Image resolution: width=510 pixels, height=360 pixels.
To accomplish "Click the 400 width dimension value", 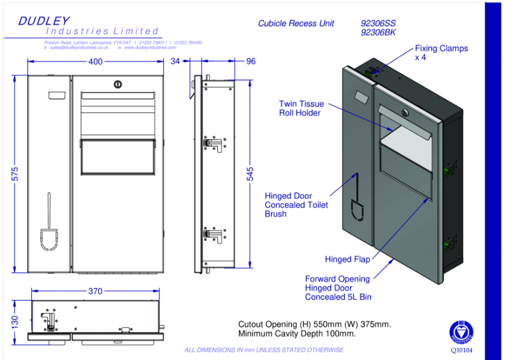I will (x=94, y=62).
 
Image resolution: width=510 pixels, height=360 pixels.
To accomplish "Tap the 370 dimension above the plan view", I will (x=94, y=291).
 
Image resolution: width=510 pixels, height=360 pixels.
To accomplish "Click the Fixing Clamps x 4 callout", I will (x=441, y=53).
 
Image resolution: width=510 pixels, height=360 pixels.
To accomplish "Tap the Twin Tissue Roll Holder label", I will (x=301, y=108).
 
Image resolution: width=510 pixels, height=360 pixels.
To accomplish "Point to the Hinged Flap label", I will (x=347, y=259).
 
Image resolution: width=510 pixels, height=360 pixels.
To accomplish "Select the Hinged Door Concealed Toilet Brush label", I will (x=296, y=205).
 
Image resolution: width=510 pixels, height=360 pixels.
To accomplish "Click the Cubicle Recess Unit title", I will (x=296, y=24).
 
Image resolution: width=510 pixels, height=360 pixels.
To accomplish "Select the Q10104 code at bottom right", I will (x=462, y=350).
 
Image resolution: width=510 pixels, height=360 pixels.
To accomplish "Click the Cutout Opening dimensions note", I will (x=314, y=329).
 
